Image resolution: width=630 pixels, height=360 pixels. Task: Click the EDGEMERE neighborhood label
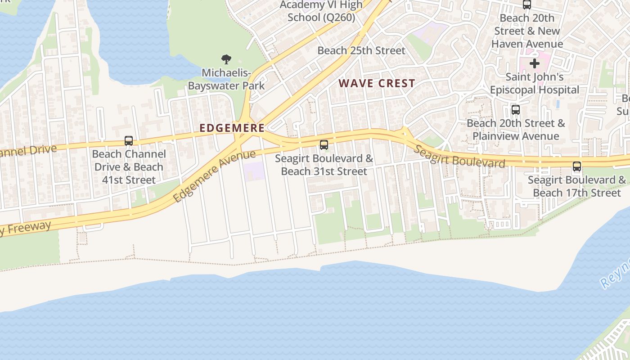click(x=232, y=128)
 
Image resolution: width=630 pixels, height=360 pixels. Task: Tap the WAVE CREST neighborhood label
click(x=377, y=83)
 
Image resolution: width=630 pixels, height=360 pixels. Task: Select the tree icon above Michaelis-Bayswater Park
click(x=226, y=59)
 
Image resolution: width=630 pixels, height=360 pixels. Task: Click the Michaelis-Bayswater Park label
click(x=226, y=79)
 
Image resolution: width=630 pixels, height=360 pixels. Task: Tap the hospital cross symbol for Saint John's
click(x=534, y=63)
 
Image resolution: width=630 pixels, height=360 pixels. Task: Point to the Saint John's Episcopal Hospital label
click(x=534, y=83)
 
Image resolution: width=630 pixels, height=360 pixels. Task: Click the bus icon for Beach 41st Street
click(x=129, y=141)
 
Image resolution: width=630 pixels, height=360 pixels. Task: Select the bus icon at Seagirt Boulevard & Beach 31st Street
click(x=324, y=145)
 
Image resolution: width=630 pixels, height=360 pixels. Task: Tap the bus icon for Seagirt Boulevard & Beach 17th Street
click(x=577, y=166)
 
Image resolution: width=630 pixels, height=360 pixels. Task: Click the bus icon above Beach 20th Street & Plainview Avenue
click(x=516, y=109)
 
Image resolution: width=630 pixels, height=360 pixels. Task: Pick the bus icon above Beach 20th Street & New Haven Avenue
click(x=526, y=5)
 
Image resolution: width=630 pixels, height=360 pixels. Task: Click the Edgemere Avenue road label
click(x=214, y=176)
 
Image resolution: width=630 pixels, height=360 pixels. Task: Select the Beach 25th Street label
click(x=361, y=50)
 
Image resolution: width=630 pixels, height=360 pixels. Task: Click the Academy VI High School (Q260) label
click(x=321, y=11)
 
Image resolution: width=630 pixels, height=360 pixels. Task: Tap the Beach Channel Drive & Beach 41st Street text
click(x=129, y=167)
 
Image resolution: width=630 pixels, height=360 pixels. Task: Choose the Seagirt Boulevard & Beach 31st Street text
click(x=324, y=165)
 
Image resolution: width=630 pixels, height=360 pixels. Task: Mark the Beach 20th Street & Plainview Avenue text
click(x=516, y=130)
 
